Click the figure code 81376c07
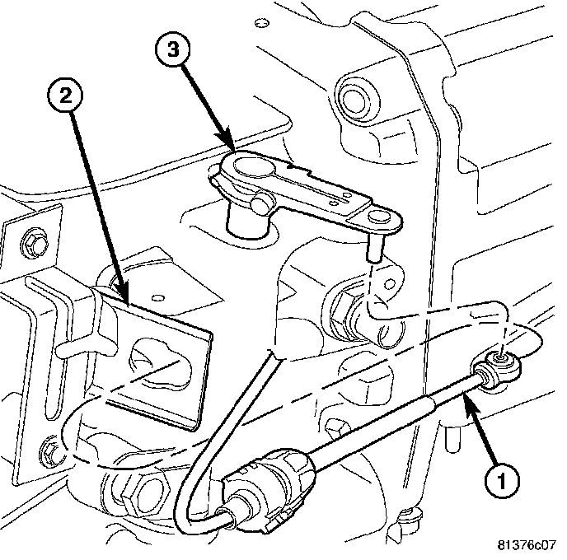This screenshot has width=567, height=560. pos(527,545)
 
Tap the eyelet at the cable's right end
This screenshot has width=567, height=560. pos(501,359)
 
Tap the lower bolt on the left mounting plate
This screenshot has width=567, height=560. pos(49,450)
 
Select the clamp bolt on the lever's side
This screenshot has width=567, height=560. pos(261,200)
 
